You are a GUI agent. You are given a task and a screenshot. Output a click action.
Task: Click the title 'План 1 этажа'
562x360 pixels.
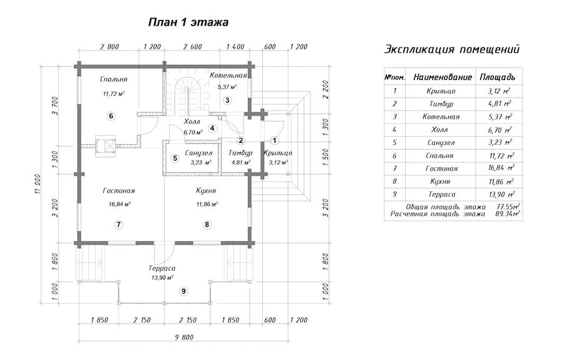click(188, 22)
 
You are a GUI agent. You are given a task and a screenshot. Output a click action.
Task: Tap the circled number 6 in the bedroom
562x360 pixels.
click(111, 116)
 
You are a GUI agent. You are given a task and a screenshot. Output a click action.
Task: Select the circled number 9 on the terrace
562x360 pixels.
click(184, 291)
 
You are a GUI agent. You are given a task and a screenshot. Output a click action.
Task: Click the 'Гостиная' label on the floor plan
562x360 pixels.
click(119, 191)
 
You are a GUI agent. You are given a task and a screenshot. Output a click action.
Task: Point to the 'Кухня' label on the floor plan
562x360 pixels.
click(206, 191)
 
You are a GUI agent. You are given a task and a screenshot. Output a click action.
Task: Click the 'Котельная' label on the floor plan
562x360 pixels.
click(229, 75)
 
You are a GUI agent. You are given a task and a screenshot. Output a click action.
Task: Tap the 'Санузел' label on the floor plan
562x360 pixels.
click(199, 153)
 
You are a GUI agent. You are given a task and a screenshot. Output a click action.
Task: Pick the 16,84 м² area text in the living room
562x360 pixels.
click(119, 204)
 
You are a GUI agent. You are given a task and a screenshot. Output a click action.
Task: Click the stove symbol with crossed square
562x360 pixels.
click(106, 146)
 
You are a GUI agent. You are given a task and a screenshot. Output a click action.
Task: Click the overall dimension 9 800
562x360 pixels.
click(184, 337)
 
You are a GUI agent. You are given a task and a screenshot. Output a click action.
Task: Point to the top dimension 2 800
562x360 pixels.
click(109, 47)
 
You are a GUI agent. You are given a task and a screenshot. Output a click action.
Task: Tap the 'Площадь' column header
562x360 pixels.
click(498, 77)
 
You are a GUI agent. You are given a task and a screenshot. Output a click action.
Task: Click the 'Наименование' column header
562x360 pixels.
click(443, 77)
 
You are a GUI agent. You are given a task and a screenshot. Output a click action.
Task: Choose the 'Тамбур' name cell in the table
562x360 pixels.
click(441, 104)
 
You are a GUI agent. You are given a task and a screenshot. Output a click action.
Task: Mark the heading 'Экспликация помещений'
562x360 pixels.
click(451, 49)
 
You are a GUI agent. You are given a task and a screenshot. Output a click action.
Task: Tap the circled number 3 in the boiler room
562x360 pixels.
click(227, 100)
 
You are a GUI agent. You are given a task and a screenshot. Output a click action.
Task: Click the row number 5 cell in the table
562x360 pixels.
click(395, 142)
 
